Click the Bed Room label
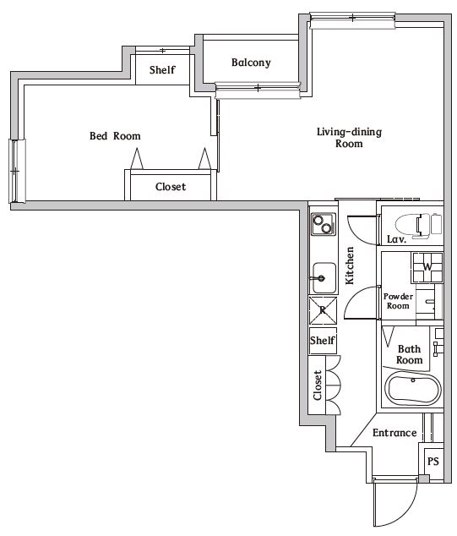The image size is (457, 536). [x=115, y=136]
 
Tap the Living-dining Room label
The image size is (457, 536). [x=339, y=137]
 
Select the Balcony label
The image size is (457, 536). [x=250, y=63]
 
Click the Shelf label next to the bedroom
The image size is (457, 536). [x=162, y=70]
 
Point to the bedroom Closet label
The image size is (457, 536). [x=170, y=187]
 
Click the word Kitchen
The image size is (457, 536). [x=349, y=264]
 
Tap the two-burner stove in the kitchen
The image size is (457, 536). [x=323, y=224]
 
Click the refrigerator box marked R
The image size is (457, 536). [x=323, y=310]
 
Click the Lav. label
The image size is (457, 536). [x=396, y=240]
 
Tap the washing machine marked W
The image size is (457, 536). [x=427, y=267]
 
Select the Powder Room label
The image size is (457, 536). [x=397, y=301]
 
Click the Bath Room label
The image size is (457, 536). [x=409, y=354]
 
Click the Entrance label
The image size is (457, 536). [x=394, y=433]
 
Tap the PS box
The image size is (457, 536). [x=433, y=462]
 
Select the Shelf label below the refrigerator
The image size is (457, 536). [x=323, y=341]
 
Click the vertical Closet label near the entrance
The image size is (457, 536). [x=318, y=386]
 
